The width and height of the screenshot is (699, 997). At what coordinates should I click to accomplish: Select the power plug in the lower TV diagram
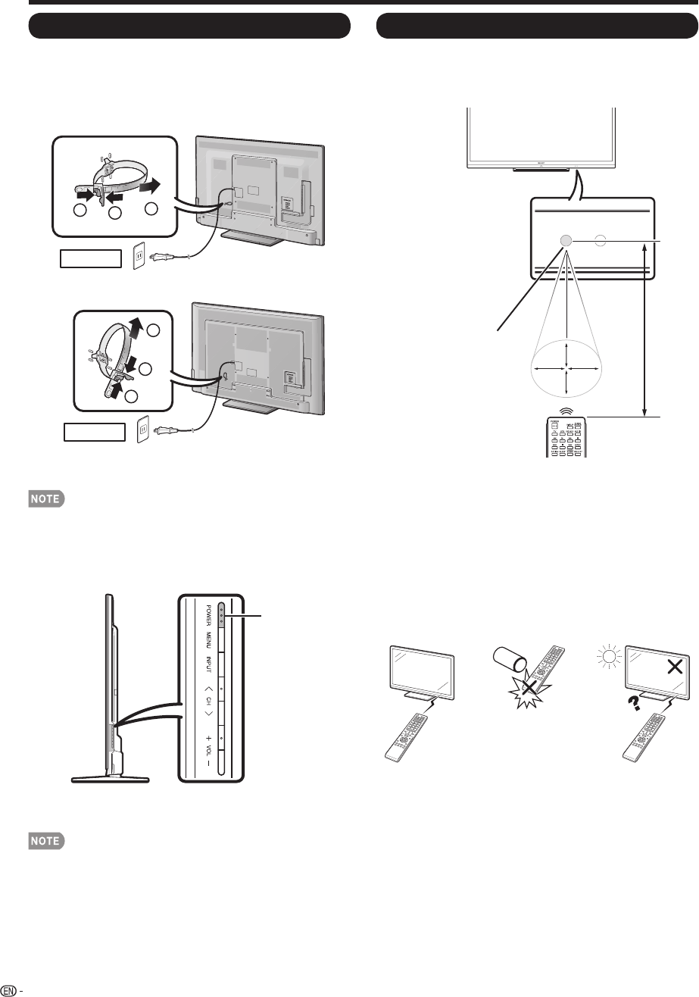point(164,431)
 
